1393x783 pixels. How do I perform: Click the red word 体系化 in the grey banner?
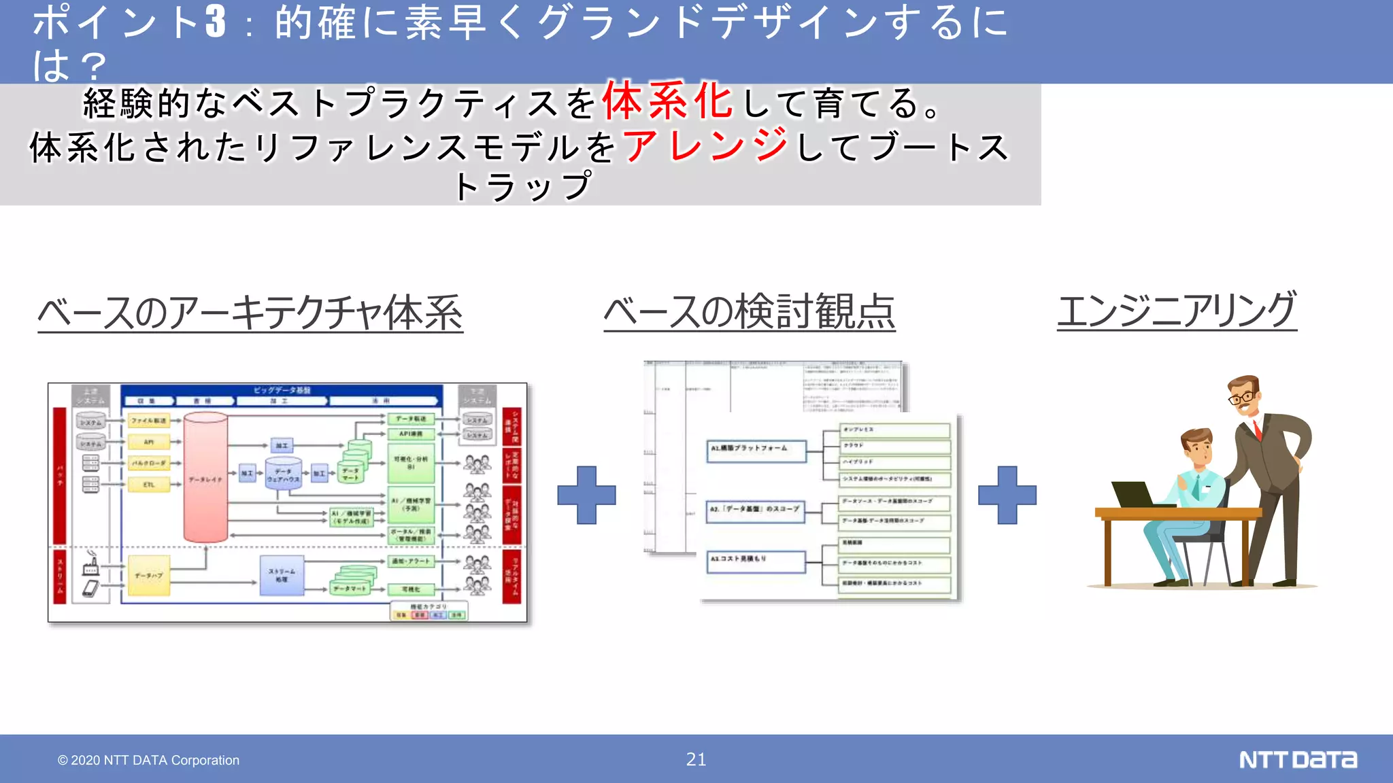point(667,101)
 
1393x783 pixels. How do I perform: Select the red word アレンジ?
point(705,145)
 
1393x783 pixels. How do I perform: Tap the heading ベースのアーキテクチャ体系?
point(250,313)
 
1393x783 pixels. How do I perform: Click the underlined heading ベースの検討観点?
point(749,311)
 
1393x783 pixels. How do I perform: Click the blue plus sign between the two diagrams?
point(586,495)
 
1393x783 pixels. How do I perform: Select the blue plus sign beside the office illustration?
point(1007,495)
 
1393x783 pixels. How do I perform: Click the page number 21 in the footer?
point(696,759)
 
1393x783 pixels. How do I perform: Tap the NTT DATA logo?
point(1298,759)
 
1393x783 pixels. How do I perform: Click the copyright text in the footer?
point(148,760)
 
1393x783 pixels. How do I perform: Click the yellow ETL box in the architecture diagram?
point(149,485)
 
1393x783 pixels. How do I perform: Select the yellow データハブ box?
point(148,575)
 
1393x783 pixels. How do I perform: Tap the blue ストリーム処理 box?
point(282,575)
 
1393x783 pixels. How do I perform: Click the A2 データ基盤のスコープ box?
point(755,509)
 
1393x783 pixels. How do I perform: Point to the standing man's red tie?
point(1256,430)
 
